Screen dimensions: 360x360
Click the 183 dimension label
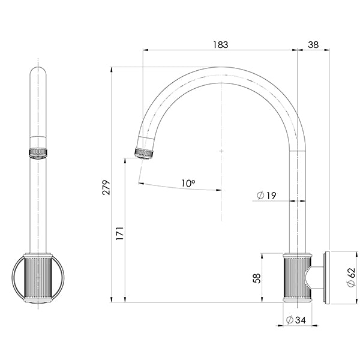(221, 45)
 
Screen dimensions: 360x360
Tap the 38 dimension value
(313, 45)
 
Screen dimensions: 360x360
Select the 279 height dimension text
(106, 188)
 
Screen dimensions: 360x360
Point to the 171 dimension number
(120, 233)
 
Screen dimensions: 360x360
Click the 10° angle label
(188, 183)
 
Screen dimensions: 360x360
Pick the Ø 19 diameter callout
(266, 196)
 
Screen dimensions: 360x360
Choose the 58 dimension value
(257, 278)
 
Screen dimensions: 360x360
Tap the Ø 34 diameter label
(296, 320)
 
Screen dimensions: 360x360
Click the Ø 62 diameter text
(351, 277)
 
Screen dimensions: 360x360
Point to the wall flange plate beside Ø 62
(327, 278)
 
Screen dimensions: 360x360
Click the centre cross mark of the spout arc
(221, 151)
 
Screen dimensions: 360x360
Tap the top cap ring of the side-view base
(38, 256)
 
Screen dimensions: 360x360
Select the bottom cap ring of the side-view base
(38, 300)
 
